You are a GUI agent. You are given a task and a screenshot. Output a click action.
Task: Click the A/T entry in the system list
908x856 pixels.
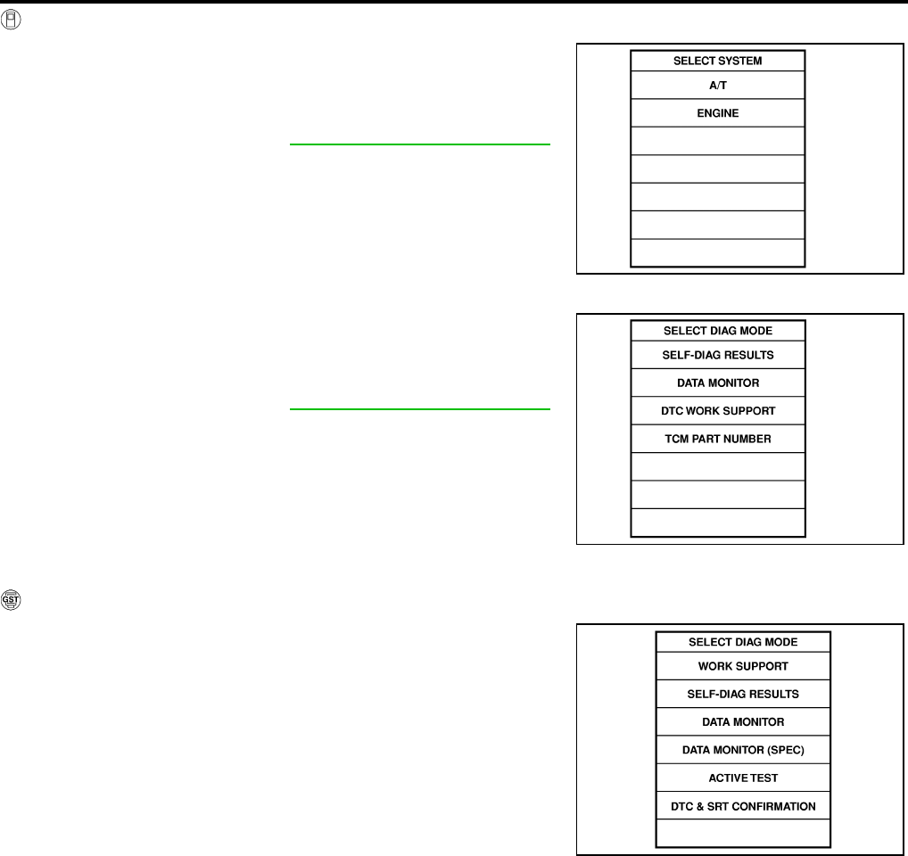click(x=717, y=86)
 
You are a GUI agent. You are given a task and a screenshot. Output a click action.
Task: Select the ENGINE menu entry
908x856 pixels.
click(x=717, y=114)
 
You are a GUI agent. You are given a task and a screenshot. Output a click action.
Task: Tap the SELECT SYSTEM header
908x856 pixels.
click(x=717, y=61)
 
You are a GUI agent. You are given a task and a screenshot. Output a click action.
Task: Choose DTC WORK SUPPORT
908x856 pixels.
click(x=717, y=411)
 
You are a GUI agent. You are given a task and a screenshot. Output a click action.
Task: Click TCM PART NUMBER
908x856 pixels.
click(x=717, y=439)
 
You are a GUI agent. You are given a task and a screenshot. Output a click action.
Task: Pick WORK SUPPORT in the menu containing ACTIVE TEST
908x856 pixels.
click(x=743, y=666)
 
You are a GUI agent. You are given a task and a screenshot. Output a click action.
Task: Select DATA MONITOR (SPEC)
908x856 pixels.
click(x=743, y=750)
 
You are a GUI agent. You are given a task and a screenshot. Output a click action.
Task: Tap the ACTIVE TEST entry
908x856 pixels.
click(x=743, y=778)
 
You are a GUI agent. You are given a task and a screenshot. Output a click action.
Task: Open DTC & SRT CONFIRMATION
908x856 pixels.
click(x=743, y=806)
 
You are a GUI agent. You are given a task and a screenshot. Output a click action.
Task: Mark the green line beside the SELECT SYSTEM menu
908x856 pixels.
click(x=419, y=144)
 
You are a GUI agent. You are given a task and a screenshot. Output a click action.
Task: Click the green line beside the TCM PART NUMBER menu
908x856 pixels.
click(x=419, y=409)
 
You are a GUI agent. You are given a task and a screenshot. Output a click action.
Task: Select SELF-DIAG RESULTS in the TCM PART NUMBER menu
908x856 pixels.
click(x=717, y=355)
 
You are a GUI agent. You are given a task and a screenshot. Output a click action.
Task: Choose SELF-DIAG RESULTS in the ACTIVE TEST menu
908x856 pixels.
click(x=743, y=694)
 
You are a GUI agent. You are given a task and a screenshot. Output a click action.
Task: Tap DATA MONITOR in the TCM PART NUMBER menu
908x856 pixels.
click(x=717, y=383)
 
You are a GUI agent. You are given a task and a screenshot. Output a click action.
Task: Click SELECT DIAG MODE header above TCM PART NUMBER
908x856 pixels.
click(x=717, y=330)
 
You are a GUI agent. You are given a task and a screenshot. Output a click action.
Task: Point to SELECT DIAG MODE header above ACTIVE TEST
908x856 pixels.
click(x=743, y=641)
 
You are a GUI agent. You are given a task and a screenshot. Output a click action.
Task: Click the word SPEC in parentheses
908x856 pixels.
click(x=785, y=750)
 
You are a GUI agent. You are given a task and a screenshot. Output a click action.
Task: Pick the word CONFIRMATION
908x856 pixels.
click(x=771, y=806)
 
